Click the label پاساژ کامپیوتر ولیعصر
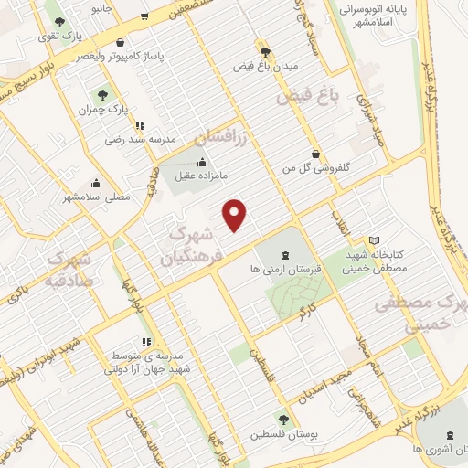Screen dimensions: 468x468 tap(121, 56)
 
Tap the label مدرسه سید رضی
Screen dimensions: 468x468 tap(138, 140)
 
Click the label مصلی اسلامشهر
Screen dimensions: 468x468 tap(97, 197)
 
